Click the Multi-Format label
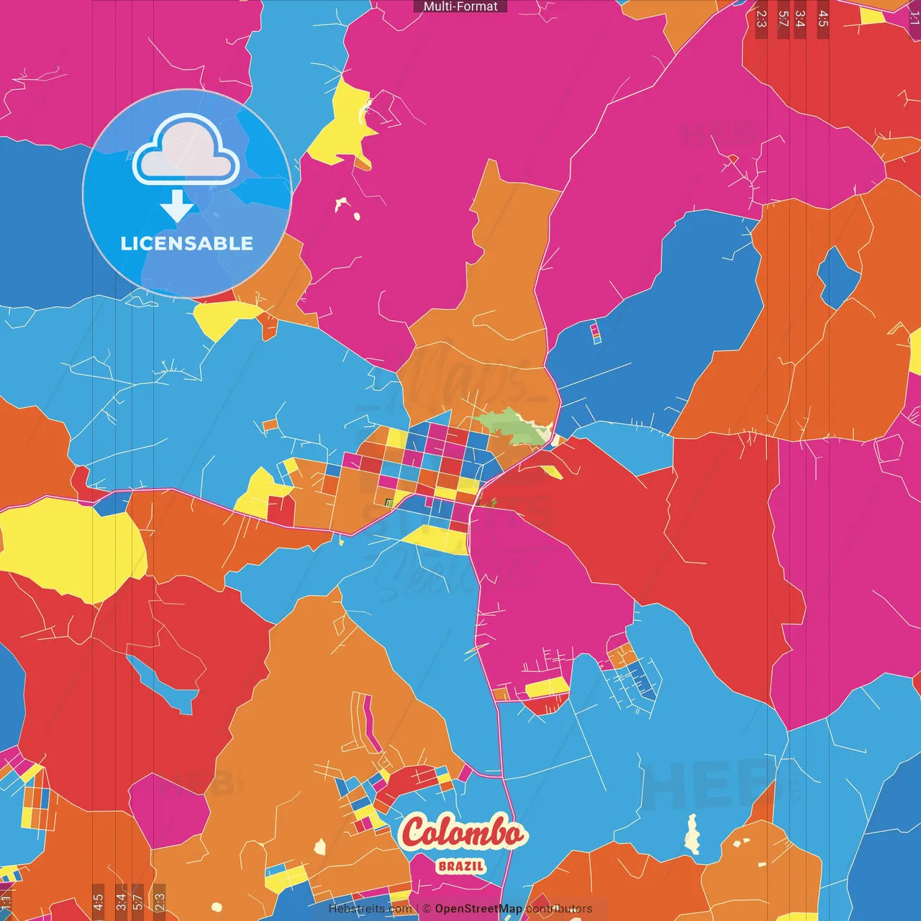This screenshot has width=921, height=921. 460,6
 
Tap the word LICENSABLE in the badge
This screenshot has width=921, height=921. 186,243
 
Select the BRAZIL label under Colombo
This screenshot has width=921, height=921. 461,866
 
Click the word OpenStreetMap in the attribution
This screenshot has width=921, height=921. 478,909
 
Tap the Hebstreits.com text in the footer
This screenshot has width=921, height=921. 370,909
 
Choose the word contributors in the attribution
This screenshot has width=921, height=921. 559,909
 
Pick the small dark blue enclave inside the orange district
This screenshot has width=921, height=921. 838,278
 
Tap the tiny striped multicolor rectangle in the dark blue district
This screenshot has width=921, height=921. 595,333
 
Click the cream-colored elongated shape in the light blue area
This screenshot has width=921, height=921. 692,834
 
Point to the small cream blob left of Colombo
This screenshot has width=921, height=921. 320,847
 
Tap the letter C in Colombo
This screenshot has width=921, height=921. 416,832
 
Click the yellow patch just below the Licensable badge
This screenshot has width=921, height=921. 223,317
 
